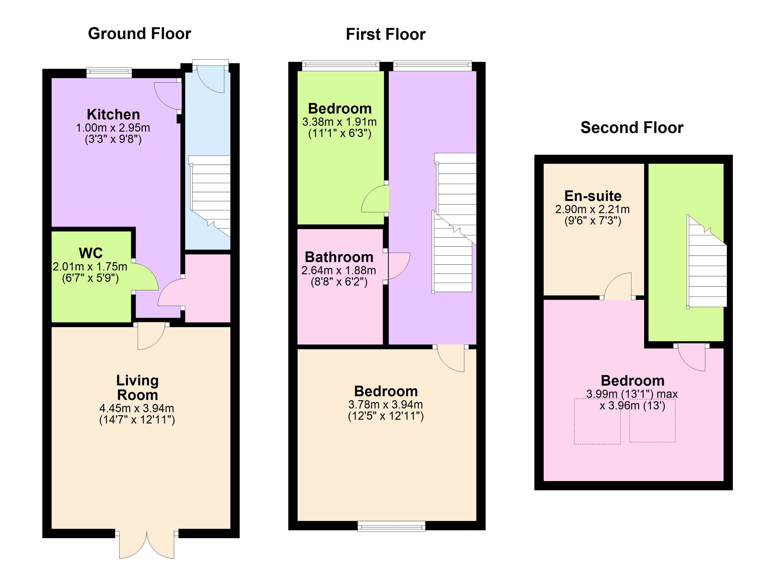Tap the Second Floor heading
[x=632, y=128]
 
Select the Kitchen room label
[x=113, y=114]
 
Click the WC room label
[x=91, y=253]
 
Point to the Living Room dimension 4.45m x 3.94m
[x=137, y=408]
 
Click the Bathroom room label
[x=339, y=257]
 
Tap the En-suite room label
[x=593, y=196]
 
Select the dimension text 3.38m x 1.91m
[x=339, y=122]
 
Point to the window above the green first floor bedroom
[x=340, y=65]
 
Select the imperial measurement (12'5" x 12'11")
[x=386, y=416]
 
